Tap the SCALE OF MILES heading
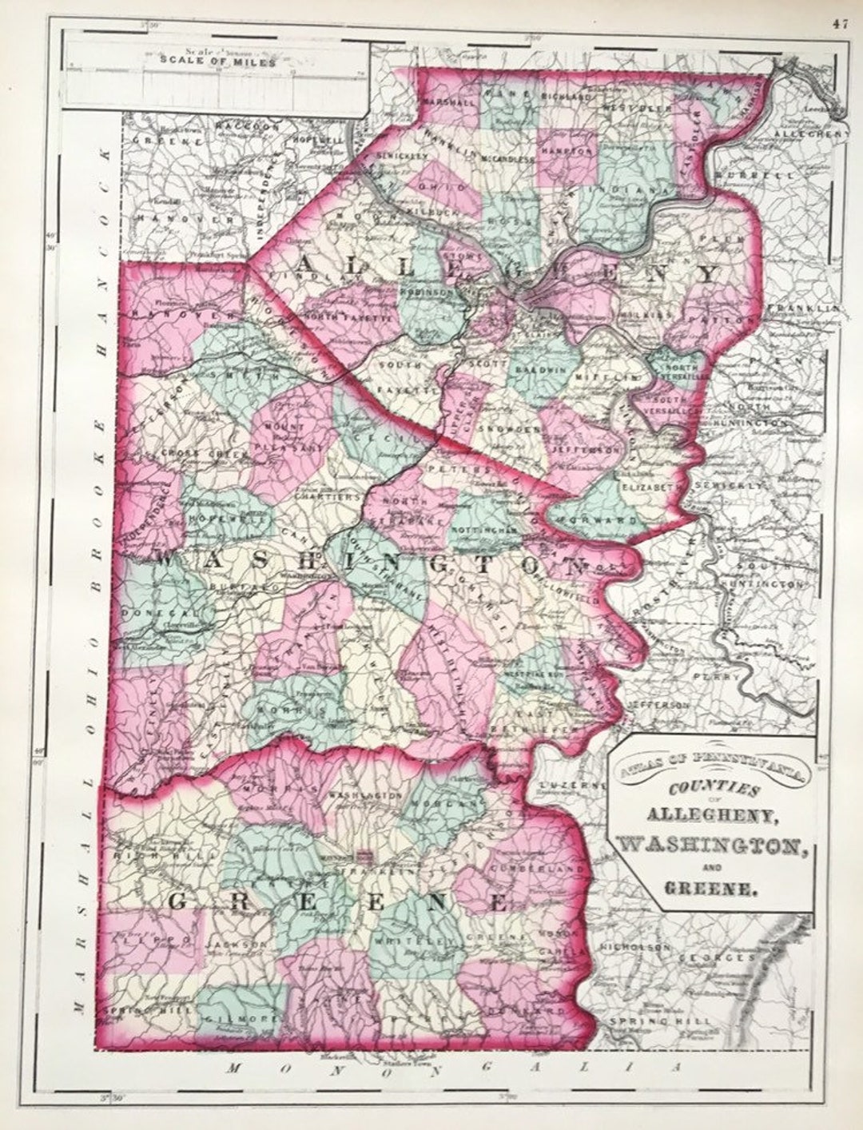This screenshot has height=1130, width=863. tap(217, 62)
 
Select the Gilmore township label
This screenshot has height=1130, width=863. tap(240, 1019)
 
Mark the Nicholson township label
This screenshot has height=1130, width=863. tap(638, 947)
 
